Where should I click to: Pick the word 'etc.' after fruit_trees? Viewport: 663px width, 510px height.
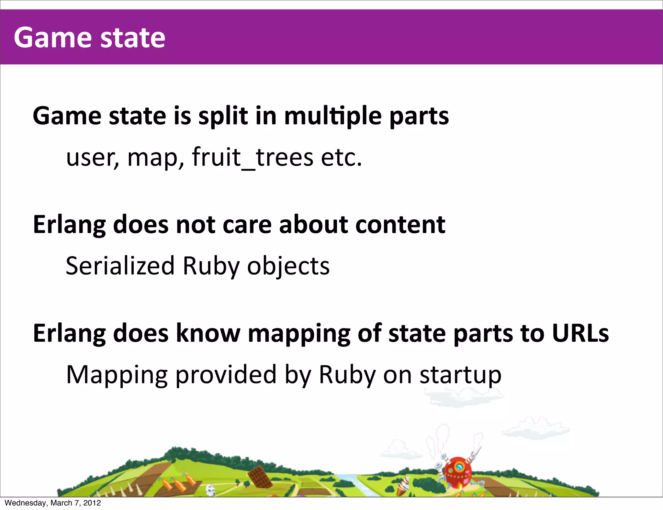click(x=341, y=157)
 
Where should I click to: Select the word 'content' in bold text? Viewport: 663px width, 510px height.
click(x=400, y=225)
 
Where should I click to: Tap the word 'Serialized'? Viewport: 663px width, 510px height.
click(x=120, y=266)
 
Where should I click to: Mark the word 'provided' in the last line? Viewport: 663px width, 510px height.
click(x=226, y=375)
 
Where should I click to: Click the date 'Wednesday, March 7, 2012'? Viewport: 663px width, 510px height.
click(x=53, y=503)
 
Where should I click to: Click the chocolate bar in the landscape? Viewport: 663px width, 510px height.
click(x=260, y=476)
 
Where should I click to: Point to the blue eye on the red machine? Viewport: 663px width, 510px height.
click(x=459, y=467)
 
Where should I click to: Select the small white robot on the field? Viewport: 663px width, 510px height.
click(x=211, y=490)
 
